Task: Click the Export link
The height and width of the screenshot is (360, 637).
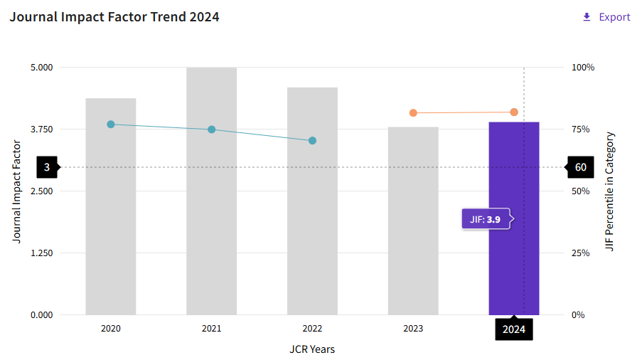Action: click(x=606, y=17)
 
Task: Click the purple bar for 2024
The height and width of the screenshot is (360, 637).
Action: click(x=513, y=270)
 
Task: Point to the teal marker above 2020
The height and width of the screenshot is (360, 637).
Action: click(x=111, y=125)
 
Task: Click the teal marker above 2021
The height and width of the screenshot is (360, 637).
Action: click(x=211, y=129)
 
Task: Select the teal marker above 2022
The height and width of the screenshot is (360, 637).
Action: click(x=312, y=140)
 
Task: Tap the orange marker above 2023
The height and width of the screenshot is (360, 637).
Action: click(x=413, y=113)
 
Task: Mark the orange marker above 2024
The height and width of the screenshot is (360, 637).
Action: click(x=514, y=112)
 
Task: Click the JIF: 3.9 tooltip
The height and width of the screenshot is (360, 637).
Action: click(x=486, y=220)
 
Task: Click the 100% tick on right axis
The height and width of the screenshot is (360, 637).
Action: click(x=583, y=68)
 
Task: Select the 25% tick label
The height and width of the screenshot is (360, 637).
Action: click(x=581, y=253)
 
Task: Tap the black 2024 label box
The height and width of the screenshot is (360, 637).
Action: click(x=514, y=329)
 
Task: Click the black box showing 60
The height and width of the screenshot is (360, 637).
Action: click(x=580, y=168)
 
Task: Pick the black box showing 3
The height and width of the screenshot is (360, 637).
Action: click(x=47, y=168)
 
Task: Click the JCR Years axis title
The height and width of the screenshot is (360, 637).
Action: click(x=312, y=349)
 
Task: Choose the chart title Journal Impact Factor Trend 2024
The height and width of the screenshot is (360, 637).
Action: click(x=114, y=17)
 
